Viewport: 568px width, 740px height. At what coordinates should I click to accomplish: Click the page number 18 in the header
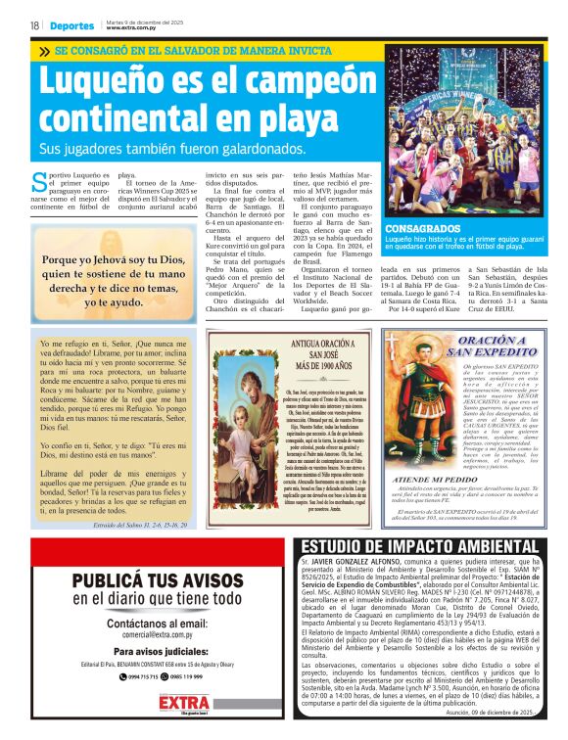tap(34, 25)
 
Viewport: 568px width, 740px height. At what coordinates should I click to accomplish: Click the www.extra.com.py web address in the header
tap(133, 28)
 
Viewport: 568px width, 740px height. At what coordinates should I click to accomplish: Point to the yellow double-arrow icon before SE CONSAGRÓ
tap(44, 50)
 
